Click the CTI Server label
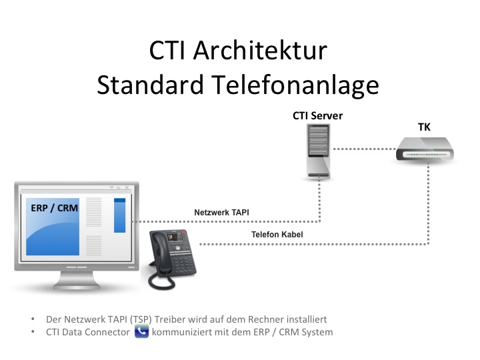coord(317,116)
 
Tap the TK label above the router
coord(424,127)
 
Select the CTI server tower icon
coord(319,151)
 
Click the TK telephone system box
coord(425,149)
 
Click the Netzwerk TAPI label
coord(221,213)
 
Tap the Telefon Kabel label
coord(277,235)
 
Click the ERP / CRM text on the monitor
coord(54,208)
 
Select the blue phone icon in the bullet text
coord(142,331)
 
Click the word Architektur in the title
coord(260,51)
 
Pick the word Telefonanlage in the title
coord(295,85)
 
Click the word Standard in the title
coord(150,85)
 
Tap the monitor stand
coord(77,281)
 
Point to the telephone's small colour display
coord(174,237)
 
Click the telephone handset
coord(157,251)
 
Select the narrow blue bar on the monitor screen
coord(120,215)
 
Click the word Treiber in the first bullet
coord(170,319)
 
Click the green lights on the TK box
coord(425,155)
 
